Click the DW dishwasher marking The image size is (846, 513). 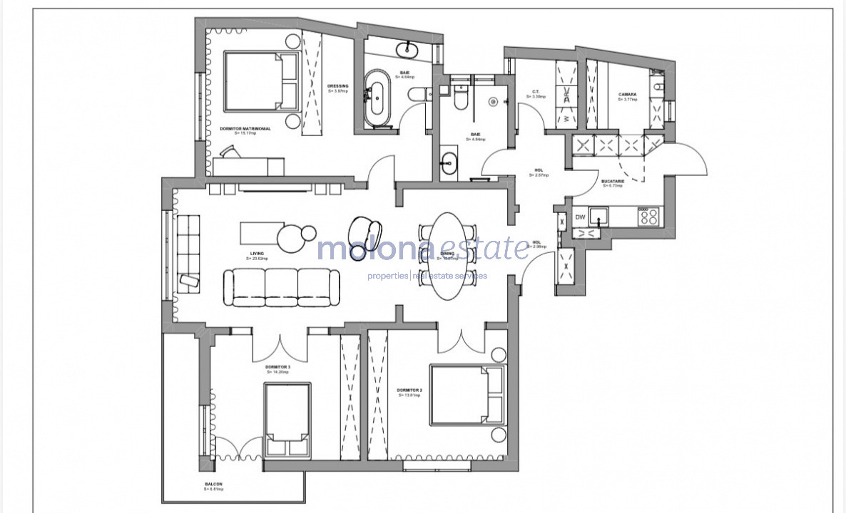(x=580, y=217)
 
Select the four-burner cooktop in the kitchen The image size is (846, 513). (x=648, y=216)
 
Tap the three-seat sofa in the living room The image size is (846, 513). (x=282, y=287)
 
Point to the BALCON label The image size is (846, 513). (x=214, y=486)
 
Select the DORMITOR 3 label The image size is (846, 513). (x=277, y=368)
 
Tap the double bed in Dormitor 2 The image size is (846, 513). (x=467, y=395)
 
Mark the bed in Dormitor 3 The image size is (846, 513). (x=288, y=420)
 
